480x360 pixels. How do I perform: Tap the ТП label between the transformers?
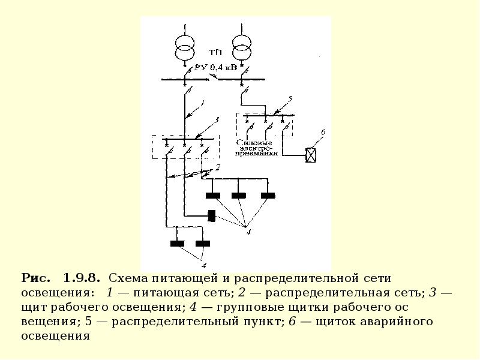[x=214, y=52]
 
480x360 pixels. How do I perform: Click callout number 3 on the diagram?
[x=217, y=121]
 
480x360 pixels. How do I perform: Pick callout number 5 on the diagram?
[x=290, y=98]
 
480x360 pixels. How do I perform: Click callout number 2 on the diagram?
[x=219, y=167]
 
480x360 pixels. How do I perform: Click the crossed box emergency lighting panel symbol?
[x=312, y=155]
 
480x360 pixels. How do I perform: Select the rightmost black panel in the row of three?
[x=268, y=195]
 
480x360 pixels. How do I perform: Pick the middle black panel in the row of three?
[x=239, y=195]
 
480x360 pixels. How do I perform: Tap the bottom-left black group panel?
[x=177, y=243]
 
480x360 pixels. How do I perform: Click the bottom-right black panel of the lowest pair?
[x=203, y=243]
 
